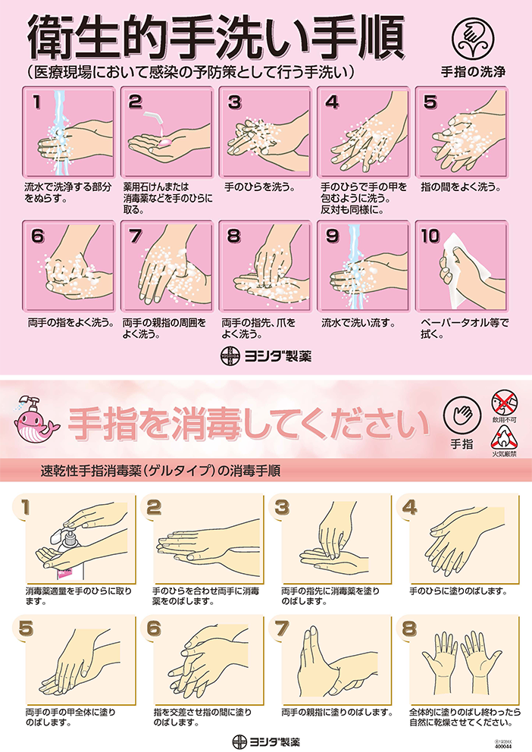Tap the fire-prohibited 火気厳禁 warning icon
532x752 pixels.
[504, 437]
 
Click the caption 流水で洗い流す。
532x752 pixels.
[359, 322]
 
